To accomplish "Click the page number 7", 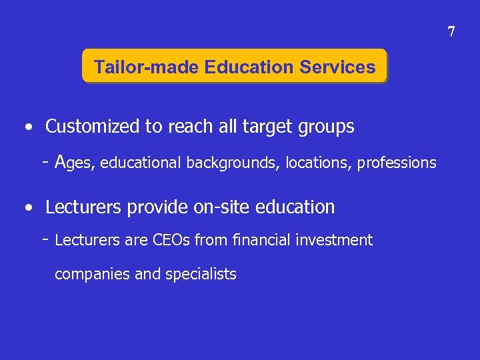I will tap(451, 32).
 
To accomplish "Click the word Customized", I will tap(93, 126).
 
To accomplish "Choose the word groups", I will tap(330, 126).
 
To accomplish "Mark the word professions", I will tap(397, 163).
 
